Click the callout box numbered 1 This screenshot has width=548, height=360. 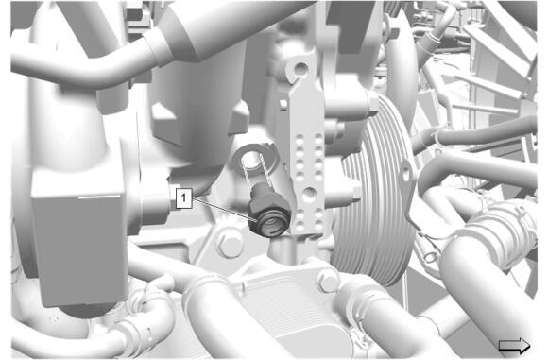point(183,198)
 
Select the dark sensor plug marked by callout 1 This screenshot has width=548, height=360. point(268,211)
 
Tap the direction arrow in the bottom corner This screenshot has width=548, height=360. point(514,346)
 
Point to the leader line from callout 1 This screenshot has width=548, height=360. point(224,210)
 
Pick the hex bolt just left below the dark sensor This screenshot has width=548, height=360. point(230,244)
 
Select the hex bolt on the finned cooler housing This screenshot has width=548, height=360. point(328,280)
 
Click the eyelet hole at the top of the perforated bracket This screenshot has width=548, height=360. point(300,69)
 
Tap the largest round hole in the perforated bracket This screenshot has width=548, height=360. point(309,195)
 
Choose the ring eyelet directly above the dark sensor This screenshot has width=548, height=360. point(254,159)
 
